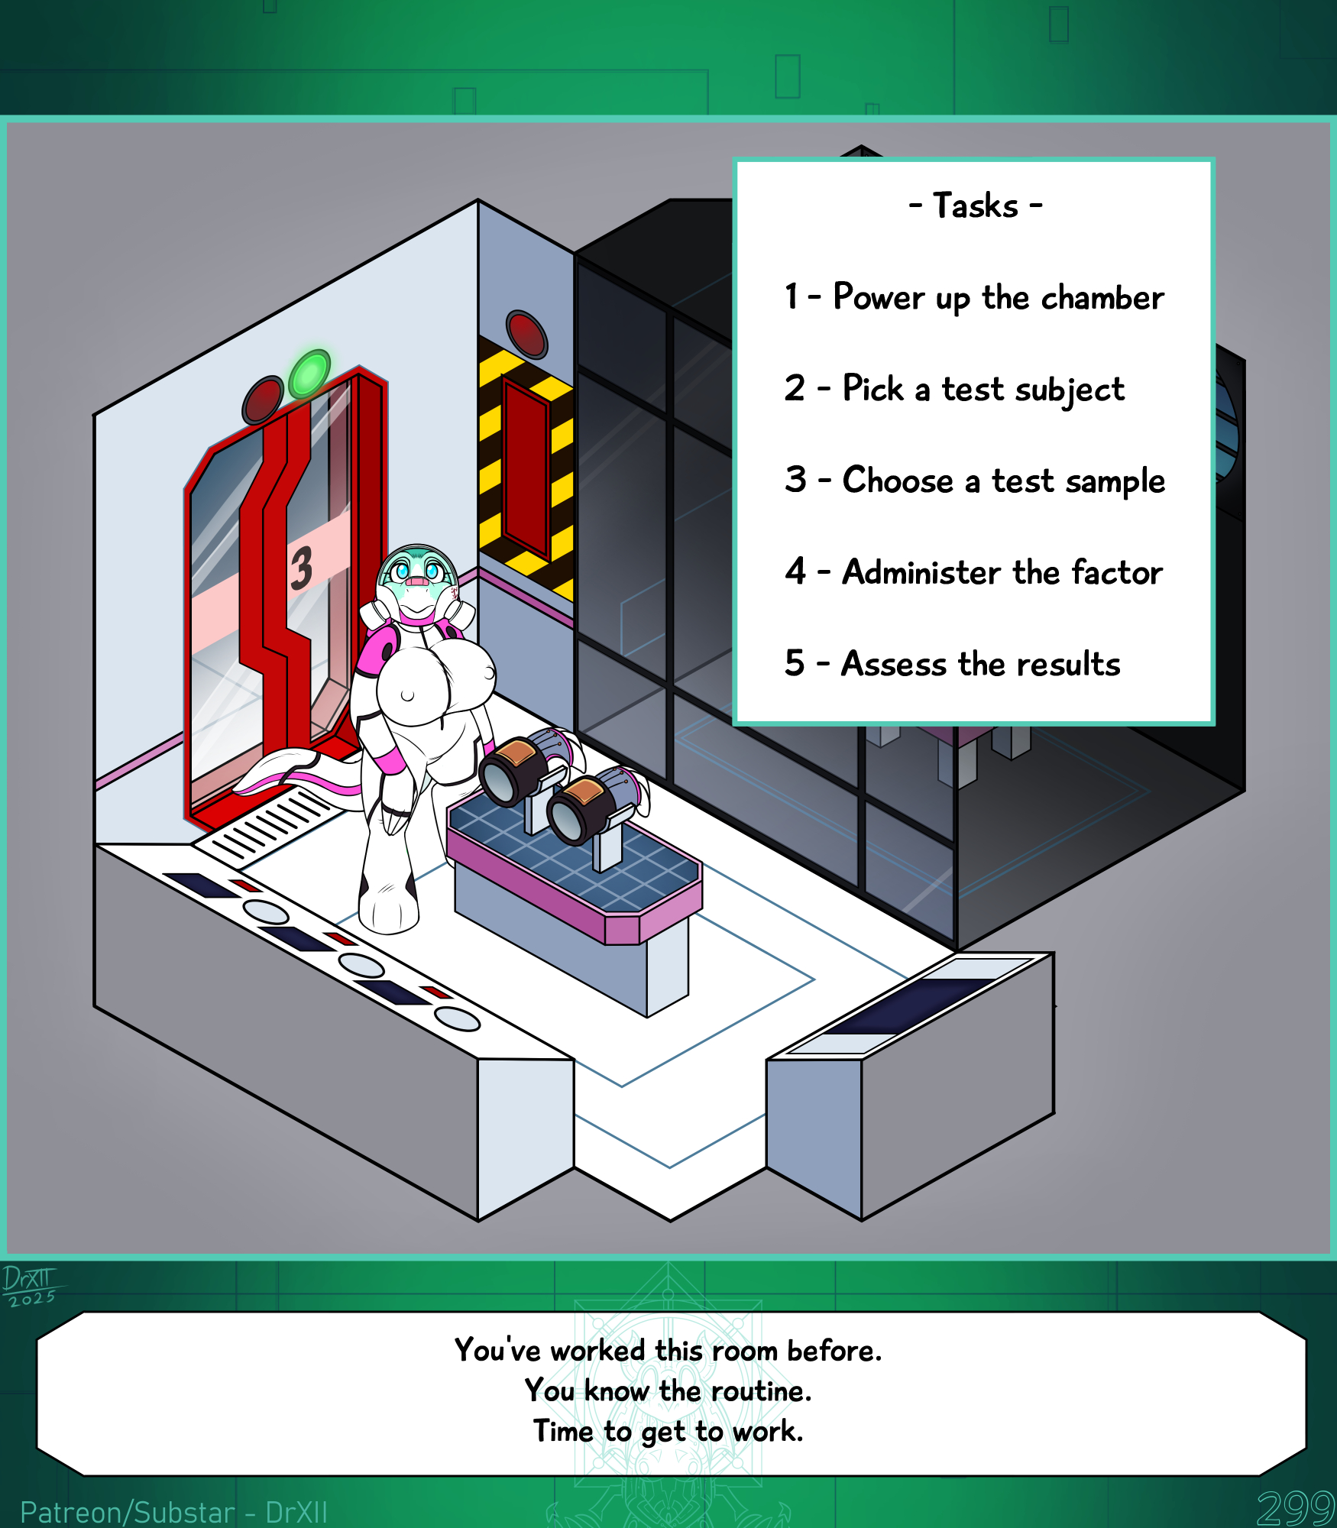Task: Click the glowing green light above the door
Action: (x=309, y=374)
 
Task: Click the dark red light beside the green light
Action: (x=263, y=400)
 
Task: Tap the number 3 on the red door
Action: (x=301, y=568)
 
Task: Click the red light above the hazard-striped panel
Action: (x=527, y=334)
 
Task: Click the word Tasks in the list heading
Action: (x=976, y=206)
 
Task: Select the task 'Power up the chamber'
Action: (x=999, y=297)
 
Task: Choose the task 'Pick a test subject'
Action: (x=983, y=389)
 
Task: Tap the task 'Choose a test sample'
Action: (x=1004, y=481)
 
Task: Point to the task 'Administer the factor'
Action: (x=1002, y=572)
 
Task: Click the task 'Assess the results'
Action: (x=981, y=664)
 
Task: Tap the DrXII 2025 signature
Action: (x=30, y=1286)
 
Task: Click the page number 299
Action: (x=1296, y=1508)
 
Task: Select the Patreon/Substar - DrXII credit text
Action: (x=174, y=1512)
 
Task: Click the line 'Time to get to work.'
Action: (x=668, y=1431)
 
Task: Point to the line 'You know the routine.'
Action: (x=668, y=1390)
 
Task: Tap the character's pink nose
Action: (x=417, y=582)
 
